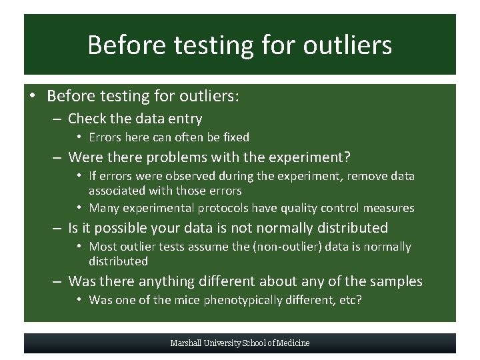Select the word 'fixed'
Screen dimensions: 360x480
point(235,137)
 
